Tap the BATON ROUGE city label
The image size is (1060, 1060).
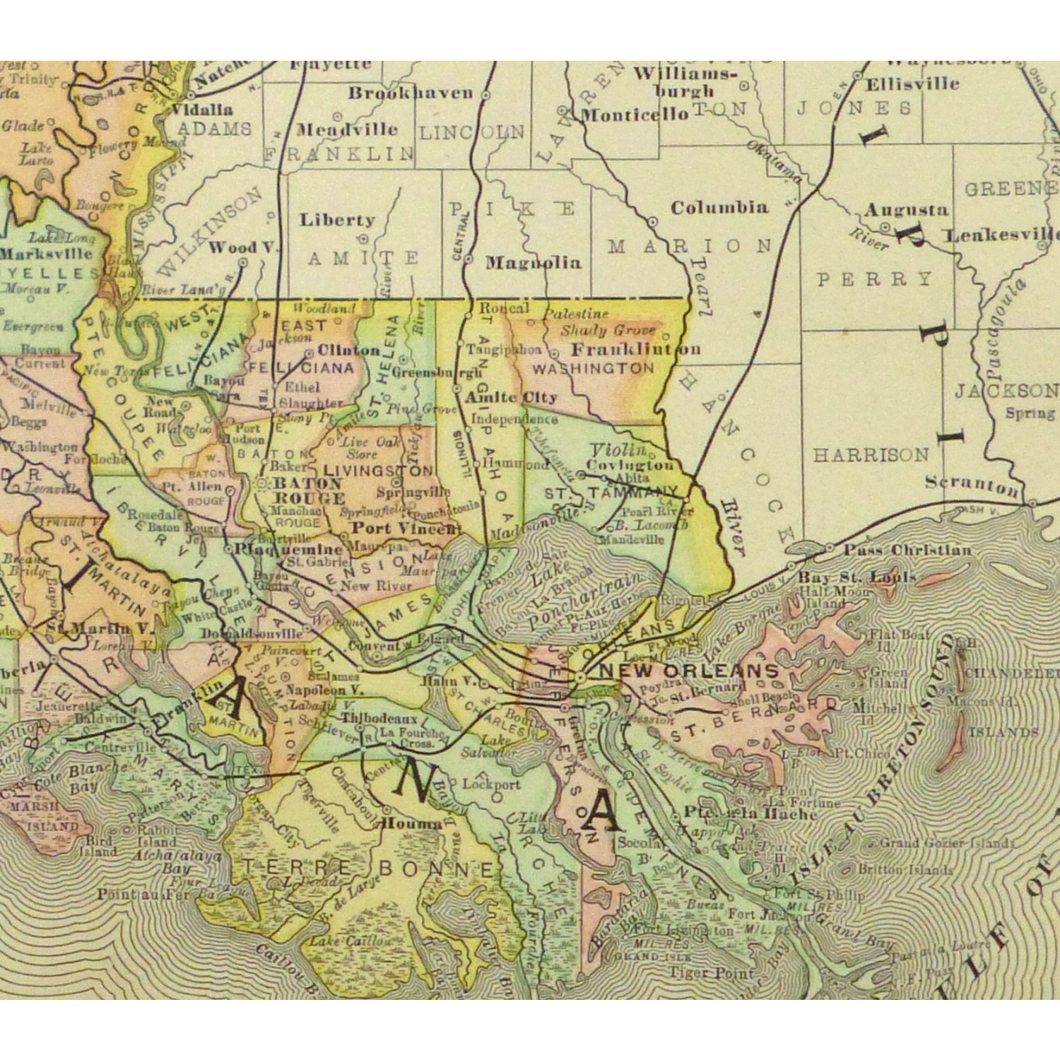pyautogui.click(x=309, y=490)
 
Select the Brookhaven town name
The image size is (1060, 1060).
pyautogui.click(x=411, y=93)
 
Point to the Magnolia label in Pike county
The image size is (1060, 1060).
pyautogui.click(x=534, y=263)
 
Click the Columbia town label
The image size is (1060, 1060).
pyautogui.click(x=719, y=208)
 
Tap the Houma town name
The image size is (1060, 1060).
pyautogui.click(x=411, y=823)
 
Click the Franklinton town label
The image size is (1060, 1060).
pyautogui.click(x=635, y=349)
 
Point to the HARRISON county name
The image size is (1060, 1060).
pyautogui.click(x=870, y=455)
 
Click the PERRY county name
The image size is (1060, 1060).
pyautogui.click(x=874, y=279)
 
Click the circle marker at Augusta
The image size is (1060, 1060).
pyautogui.click(x=885, y=228)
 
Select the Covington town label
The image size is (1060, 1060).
pyautogui.click(x=630, y=465)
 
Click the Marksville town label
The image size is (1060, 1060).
pyautogui.click(x=47, y=253)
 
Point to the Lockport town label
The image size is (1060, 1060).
pyautogui.click(x=491, y=784)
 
